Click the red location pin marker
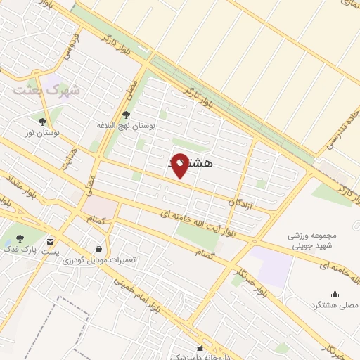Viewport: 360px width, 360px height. [180, 166]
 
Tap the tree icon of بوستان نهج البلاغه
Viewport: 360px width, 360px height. [126, 115]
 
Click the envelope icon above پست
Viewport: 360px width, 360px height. [51, 240]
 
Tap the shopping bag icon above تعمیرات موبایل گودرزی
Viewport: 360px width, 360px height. [98, 248]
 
